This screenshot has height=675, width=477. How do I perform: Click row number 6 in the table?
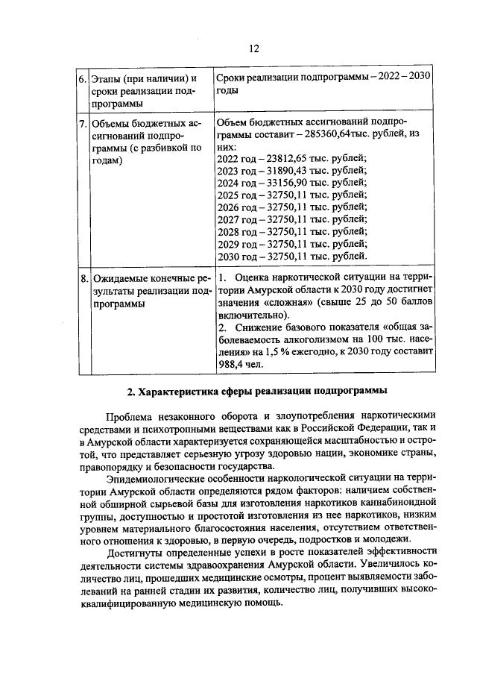tap(83, 79)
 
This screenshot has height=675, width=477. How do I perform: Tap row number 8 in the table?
tap(83, 281)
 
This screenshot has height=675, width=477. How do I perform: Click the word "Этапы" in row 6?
tap(105, 79)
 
